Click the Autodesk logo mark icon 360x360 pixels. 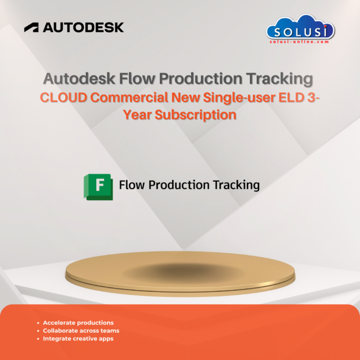coord(32,28)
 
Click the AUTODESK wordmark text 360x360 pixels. coord(83,28)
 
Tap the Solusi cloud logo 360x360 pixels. coord(300,29)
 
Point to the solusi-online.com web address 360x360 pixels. coord(300,42)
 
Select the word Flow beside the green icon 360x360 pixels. coord(132,185)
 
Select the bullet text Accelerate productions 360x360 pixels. coord(78,322)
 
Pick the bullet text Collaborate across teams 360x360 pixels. coord(81,330)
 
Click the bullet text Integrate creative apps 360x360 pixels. coord(78,338)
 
